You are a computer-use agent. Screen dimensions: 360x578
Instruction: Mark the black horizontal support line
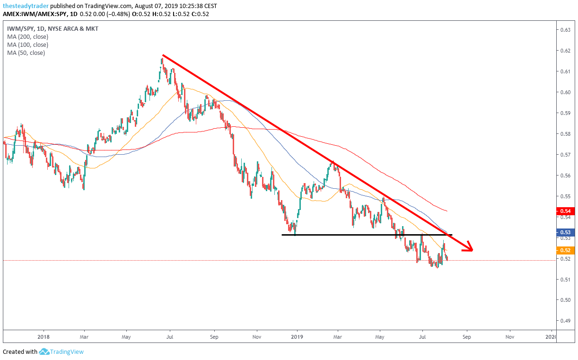click(367, 235)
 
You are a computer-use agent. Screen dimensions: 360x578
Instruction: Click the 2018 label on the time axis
click(43, 337)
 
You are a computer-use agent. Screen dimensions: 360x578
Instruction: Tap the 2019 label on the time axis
click(297, 337)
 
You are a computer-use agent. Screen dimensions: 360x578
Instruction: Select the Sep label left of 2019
click(214, 337)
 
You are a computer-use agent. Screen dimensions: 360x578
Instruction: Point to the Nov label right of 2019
click(510, 337)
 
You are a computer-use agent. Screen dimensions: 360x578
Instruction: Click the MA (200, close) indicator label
click(27, 37)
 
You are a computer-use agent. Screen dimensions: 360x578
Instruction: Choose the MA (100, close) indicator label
click(27, 45)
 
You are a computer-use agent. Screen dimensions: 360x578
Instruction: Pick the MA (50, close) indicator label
click(26, 53)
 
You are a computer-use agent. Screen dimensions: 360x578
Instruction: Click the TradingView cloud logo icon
click(44, 351)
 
